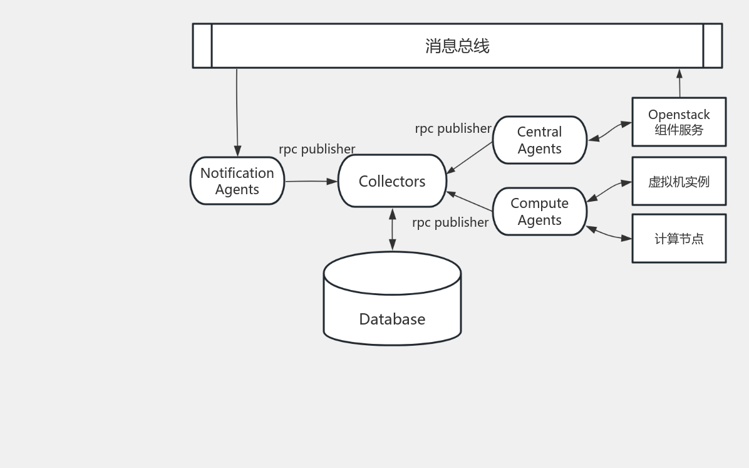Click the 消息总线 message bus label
pos(457,46)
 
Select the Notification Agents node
pos(237,181)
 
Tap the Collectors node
pos(392,181)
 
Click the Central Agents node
pos(539,140)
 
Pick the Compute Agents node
pos(539,212)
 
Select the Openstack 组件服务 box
pos(679,122)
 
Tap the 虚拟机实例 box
pos(679,182)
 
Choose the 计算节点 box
pos(679,239)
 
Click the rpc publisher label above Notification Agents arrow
pos(317,149)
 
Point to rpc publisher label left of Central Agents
pos(453,128)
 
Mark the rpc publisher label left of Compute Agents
pos(450,222)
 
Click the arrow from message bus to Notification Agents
pos(237,113)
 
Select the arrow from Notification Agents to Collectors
pos(311,181)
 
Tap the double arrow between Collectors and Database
pos(393,229)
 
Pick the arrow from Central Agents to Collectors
pos(470,157)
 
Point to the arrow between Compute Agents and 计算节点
pos(609,234)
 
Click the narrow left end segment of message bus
pos(202,46)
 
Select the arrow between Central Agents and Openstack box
pos(609,132)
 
